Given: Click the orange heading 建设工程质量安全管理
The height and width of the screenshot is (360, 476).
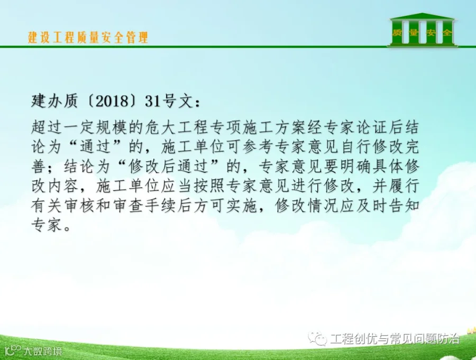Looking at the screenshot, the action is pyautogui.click(x=88, y=37).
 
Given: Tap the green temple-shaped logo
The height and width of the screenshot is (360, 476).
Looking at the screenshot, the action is pyautogui.click(x=422, y=30).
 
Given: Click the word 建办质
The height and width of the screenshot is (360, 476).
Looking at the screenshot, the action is pyautogui.click(x=54, y=101).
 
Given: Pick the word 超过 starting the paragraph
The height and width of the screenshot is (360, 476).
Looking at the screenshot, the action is pyautogui.click(x=47, y=127).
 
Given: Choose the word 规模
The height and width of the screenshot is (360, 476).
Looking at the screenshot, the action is pyautogui.click(x=112, y=127).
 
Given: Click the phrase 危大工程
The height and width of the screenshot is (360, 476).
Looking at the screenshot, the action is pyautogui.click(x=176, y=127).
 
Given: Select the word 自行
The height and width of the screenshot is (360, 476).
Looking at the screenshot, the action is pyautogui.click(x=354, y=147).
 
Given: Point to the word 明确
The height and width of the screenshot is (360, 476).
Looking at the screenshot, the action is pyautogui.click(x=354, y=167).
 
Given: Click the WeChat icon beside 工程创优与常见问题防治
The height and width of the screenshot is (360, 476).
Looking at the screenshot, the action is pyautogui.click(x=317, y=338).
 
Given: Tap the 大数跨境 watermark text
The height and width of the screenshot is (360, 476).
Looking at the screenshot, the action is pyautogui.click(x=43, y=351).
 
